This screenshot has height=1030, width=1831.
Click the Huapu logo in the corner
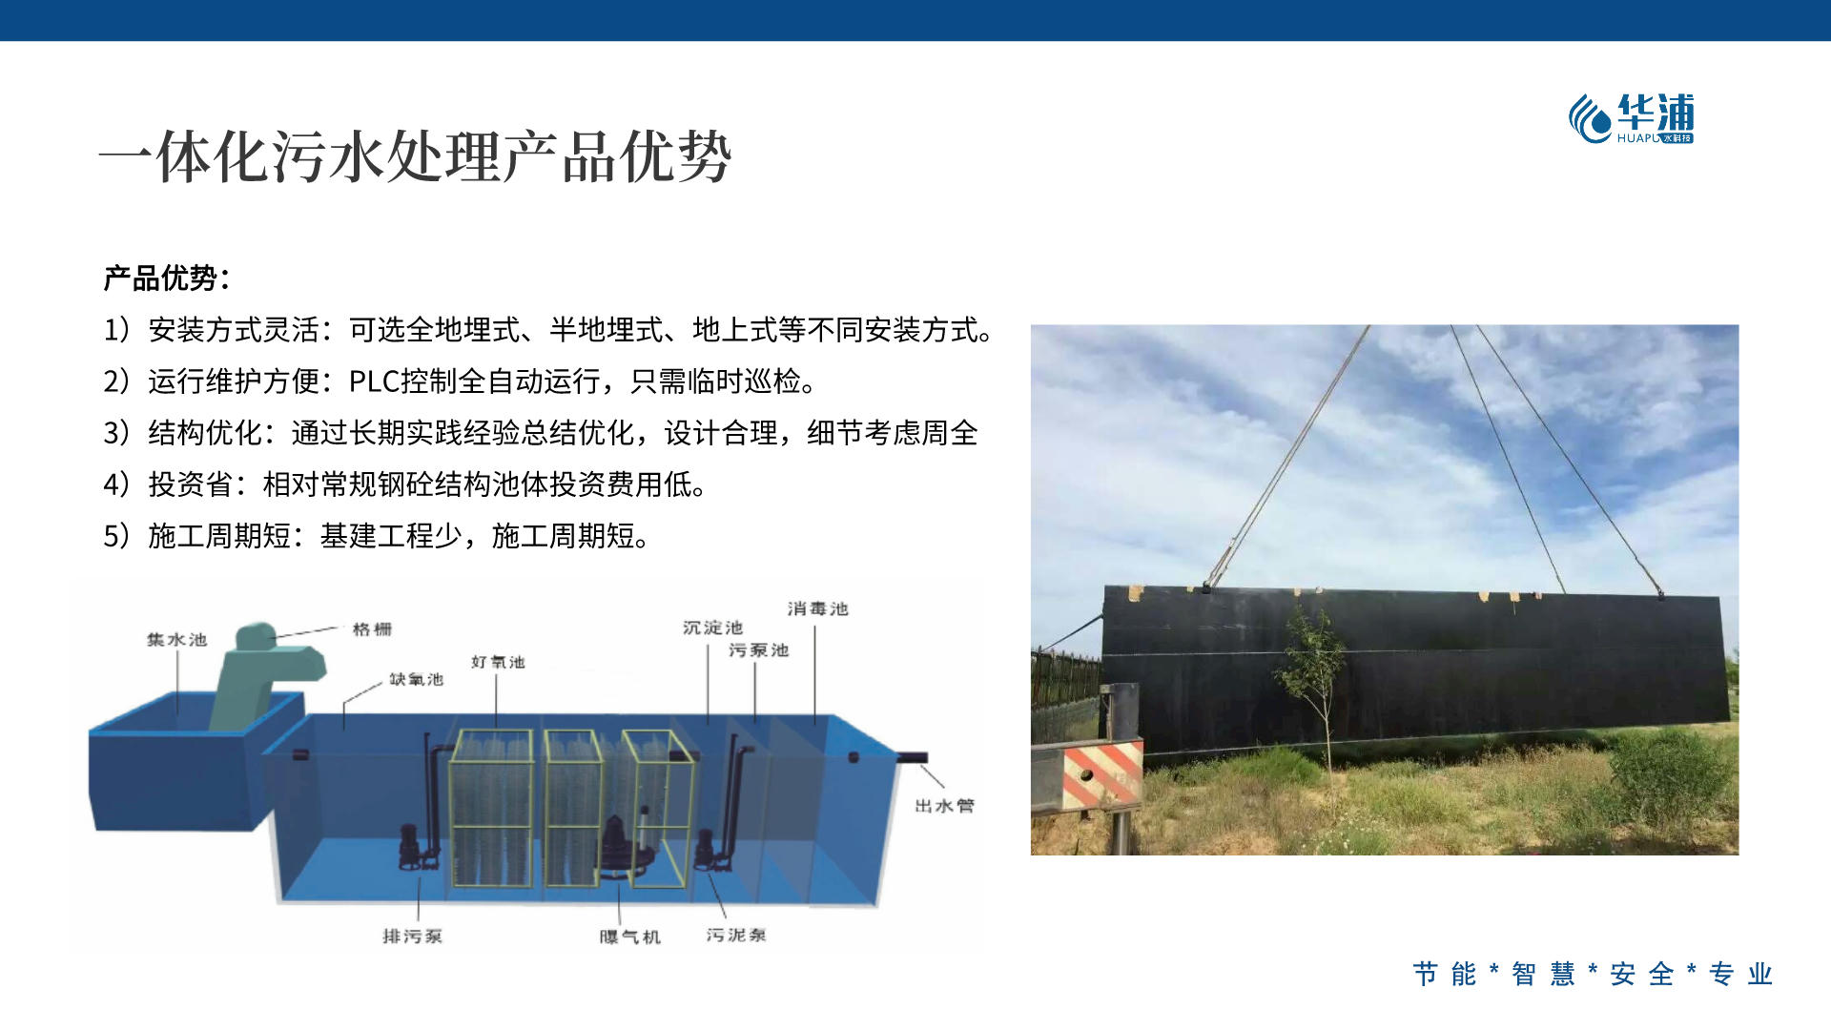tap(1632, 118)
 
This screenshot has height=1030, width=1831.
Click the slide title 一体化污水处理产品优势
tap(415, 157)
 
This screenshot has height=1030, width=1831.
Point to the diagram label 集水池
tap(176, 639)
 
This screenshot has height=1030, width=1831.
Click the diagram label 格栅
tap(372, 629)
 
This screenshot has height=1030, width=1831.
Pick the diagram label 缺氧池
tap(416, 679)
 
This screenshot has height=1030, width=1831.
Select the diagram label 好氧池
tap(498, 662)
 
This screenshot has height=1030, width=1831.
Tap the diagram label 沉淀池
tap(712, 628)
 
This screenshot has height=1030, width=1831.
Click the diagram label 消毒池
tap(817, 608)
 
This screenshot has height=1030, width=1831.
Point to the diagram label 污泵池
tap(758, 650)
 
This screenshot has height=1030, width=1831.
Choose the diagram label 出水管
tap(944, 806)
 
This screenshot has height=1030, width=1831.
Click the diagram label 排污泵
tap(412, 937)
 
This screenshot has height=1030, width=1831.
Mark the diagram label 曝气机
tap(629, 937)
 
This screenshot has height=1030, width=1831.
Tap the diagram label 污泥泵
tap(735, 936)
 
